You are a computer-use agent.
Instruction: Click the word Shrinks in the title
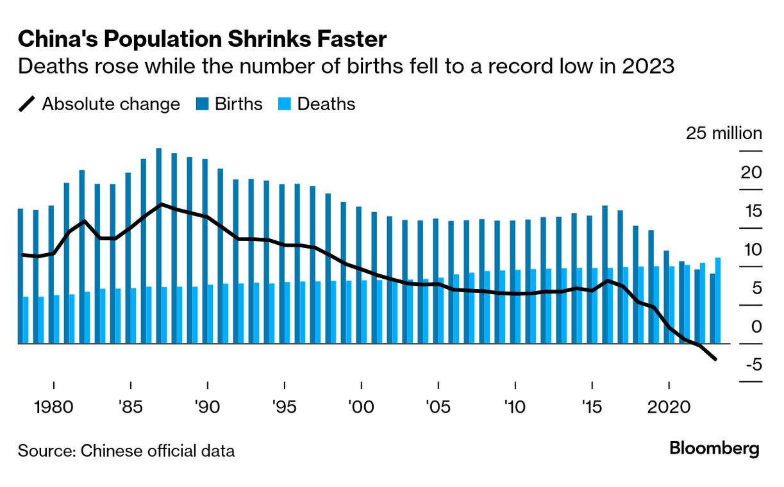[240, 40]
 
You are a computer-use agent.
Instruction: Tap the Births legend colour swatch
[202, 104]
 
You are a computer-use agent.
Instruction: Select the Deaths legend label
[326, 104]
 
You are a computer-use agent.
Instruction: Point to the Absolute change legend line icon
[28, 104]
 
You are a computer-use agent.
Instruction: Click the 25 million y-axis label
[724, 133]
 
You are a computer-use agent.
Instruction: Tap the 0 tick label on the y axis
[756, 326]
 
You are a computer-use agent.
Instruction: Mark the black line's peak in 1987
[161, 204]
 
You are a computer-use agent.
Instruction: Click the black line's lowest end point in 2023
[715, 359]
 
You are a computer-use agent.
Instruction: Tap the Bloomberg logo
[714, 449]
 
